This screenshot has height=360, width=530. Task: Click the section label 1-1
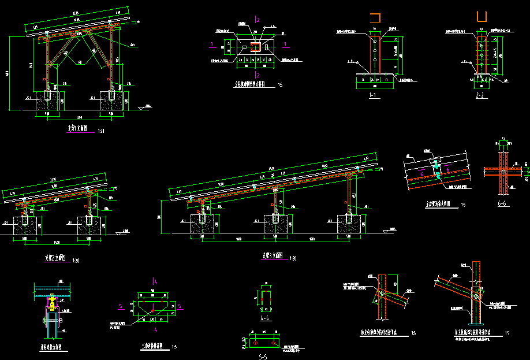373,95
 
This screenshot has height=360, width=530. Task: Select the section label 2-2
480,95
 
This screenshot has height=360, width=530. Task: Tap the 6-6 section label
503,204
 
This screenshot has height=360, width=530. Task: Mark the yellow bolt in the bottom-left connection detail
52,300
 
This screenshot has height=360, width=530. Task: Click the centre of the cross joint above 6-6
503,172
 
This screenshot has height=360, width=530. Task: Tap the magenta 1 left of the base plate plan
213,43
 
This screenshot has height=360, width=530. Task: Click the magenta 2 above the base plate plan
259,21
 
